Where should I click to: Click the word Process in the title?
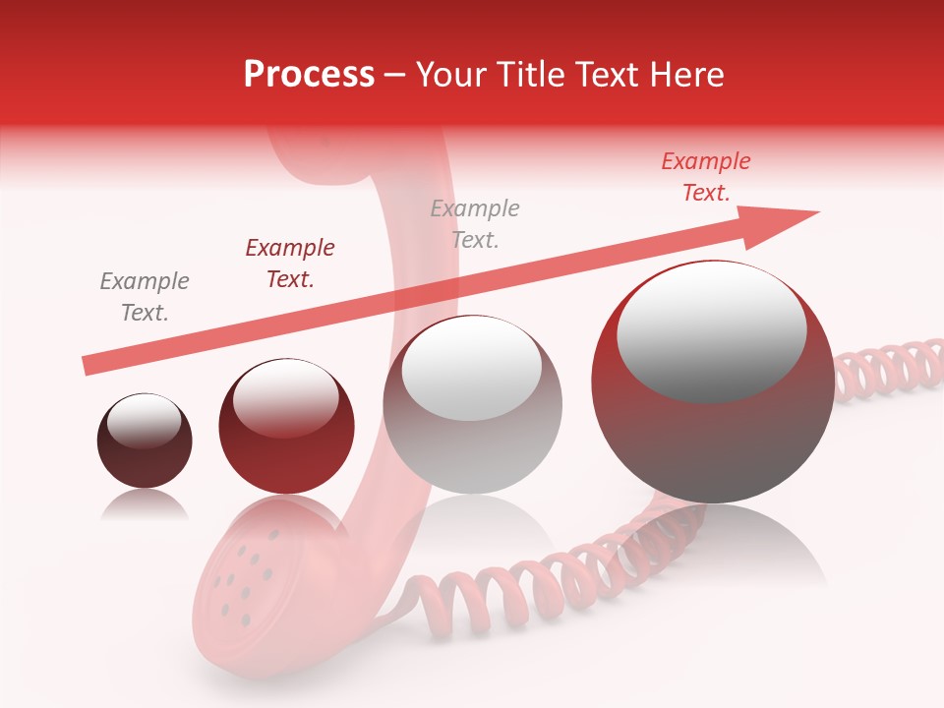pyautogui.click(x=309, y=75)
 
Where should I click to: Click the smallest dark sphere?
pyautogui.click(x=145, y=442)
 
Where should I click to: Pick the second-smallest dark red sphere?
pyautogui.click(x=286, y=427)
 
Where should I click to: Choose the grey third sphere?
pyautogui.click(x=472, y=405)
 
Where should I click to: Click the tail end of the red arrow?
pyautogui.click(x=87, y=367)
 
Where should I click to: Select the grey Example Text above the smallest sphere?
pyautogui.click(x=145, y=297)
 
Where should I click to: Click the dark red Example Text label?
pyautogui.click(x=290, y=264)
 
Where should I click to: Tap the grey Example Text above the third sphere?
pyautogui.click(x=475, y=223)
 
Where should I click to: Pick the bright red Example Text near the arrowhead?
pyautogui.click(x=706, y=177)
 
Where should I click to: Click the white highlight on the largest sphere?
pyautogui.click(x=711, y=330)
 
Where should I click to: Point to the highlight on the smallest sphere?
pyautogui.click(x=144, y=421)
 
